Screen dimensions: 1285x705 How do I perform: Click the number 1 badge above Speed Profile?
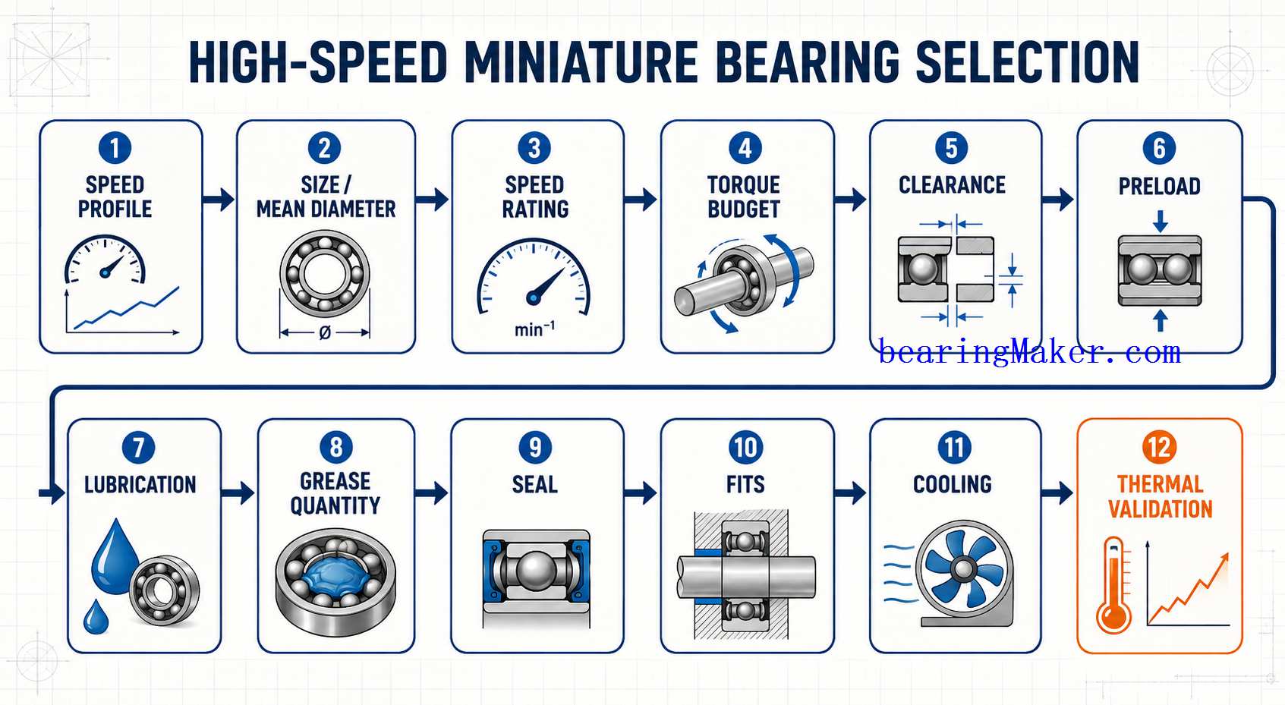point(115,148)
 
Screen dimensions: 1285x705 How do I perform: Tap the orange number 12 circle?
point(1159,447)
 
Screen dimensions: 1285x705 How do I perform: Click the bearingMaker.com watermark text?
point(1029,351)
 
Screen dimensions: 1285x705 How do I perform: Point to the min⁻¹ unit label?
point(534,329)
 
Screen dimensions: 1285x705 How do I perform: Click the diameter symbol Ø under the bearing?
point(325,332)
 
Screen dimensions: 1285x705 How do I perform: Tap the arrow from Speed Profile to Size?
point(219,199)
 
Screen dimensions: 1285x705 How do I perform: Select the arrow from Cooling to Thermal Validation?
point(1057,493)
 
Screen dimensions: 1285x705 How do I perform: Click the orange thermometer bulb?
point(1113,616)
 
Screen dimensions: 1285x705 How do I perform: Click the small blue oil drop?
point(96,617)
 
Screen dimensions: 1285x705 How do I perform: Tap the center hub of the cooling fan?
point(963,569)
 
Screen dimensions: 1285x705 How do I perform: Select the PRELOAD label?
point(1159,187)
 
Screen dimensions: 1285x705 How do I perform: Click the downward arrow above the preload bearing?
point(1160,221)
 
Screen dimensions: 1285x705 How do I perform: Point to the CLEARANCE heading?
point(952,184)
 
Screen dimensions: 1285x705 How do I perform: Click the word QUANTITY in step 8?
point(335,505)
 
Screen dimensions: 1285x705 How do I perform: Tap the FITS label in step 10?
point(745,485)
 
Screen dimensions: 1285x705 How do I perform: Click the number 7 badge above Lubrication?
point(138,447)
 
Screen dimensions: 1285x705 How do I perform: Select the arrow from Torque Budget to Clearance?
point(850,199)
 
